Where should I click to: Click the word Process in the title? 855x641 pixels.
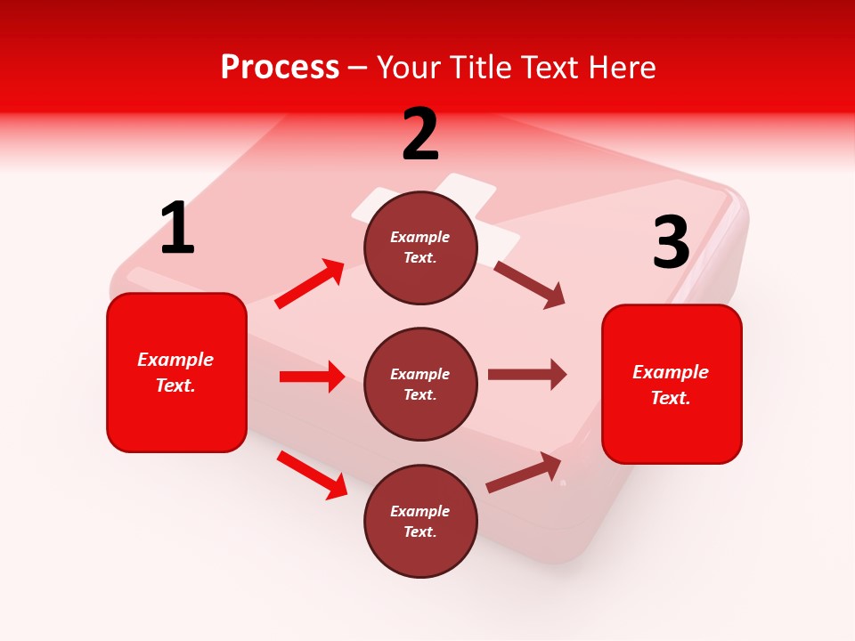pyautogui.click(x=280, y=68)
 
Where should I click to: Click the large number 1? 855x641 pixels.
pyautogui.click(x=177, y=228)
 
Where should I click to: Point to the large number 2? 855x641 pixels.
pyautogui.click(x=420, y=134)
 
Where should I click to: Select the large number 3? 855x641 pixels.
pyautogui.click(x=671, y=242)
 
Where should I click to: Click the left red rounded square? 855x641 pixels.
pyautogui.click(x=176, y=372)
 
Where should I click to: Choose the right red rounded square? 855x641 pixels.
pyautogui.click(x=672, y=384)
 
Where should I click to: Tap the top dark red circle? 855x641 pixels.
pyautogui.click(x=420, y=247)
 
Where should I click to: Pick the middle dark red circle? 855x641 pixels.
pyautogui.click(x=420, y=384)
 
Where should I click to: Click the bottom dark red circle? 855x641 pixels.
pyautogui.click(x=420, y=521)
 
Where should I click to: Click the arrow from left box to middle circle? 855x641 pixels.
pyautogui.click(x=313, y=377)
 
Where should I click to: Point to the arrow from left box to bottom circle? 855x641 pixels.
pyautogui.click(x=313, y=475)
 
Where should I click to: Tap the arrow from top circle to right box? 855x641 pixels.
pyautogui.click(x=530, y=284)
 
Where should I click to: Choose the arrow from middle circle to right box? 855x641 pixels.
pyautogui.click(x=527, y=375)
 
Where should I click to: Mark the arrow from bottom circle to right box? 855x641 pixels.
pyautogui.click(x=525, y=473)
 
